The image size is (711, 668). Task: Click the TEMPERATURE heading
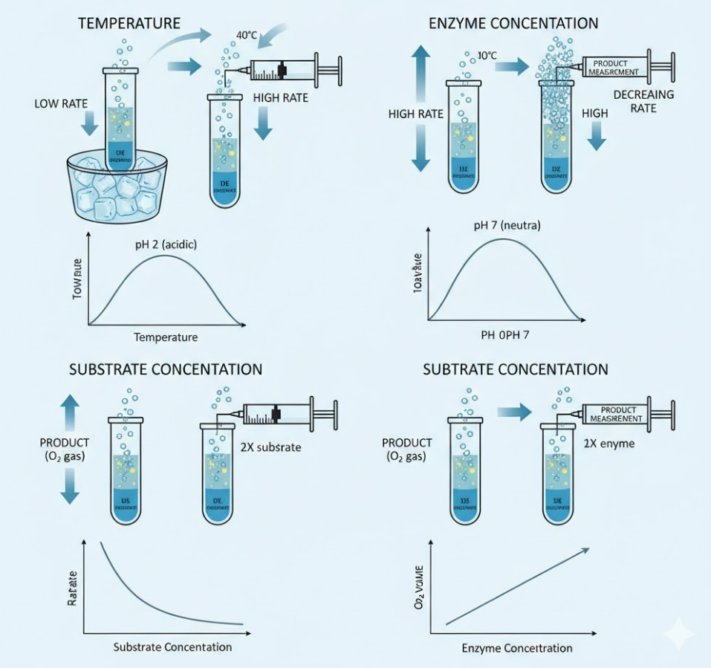click(x=129, y=23)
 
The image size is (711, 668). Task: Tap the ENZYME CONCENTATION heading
click(x=513, y=23)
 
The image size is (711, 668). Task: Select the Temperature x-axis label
click(x=166, y=337)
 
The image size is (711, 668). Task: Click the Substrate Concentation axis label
click(x=172, y=646)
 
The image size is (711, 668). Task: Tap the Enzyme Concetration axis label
click(x=517, y=648)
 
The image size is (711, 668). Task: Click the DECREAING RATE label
click(x=643, y=101)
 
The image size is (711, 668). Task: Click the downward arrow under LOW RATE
click(x=90, y=124)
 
